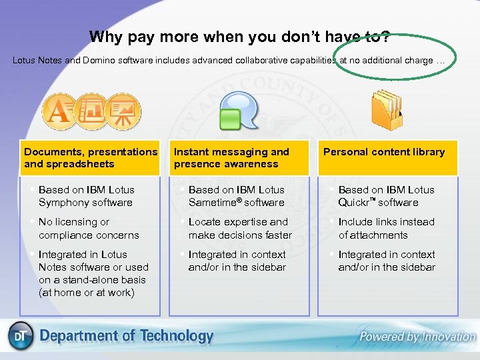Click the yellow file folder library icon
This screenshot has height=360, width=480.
click(387, 110)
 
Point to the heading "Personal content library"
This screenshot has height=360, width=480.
click(384, 152)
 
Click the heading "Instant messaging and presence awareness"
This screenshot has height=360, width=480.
click(231, 158)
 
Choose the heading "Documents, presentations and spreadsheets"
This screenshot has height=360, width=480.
click(91, 158)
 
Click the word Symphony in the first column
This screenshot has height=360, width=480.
click(62, 203)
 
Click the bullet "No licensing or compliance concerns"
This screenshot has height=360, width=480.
click(89, 229)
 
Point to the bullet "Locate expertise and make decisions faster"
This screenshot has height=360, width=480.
click(239, 229)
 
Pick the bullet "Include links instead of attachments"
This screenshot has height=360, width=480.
click(386, 229)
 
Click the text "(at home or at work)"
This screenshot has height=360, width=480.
click(87, 293)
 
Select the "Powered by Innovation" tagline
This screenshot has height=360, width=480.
click(417, 337)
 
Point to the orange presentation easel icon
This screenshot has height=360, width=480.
click(122, 112)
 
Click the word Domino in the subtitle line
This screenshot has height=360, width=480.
click(100, 61)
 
